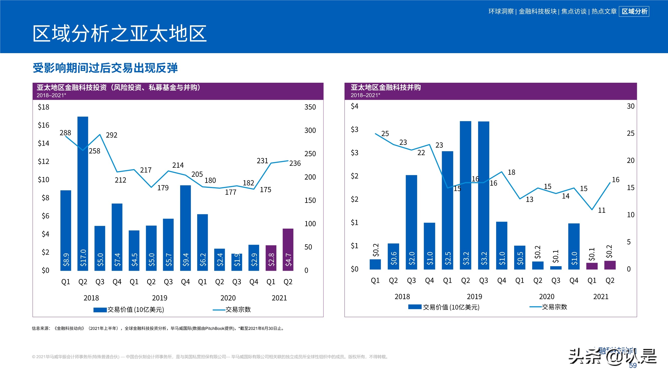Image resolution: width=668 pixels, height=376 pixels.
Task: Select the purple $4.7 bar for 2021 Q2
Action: [x=288, y=249]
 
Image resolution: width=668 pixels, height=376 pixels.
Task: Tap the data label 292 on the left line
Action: [x=112, y=135]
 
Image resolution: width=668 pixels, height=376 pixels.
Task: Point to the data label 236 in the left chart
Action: [x=295, y=163]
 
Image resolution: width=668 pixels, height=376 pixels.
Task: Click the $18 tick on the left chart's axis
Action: [x=43, y=107]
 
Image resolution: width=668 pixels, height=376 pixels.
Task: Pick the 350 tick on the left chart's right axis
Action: [x=310, y=107]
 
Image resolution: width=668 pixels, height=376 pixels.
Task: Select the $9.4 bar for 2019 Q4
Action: [x=185, y=228]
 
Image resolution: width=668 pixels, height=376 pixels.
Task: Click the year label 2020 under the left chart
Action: [x=228, y=298]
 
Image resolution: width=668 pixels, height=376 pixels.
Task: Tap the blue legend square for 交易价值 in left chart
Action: [x=100, y=310]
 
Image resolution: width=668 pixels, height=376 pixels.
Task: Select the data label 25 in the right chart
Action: [x=385, y=133]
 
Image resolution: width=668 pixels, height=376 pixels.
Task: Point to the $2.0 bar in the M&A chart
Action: [x=411, y=222]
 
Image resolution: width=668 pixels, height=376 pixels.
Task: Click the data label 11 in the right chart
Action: [x=602, y=210]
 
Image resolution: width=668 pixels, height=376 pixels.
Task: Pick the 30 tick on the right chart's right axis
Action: [x=630, y=106]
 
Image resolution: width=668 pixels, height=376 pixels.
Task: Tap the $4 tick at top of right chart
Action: [x=355, y=106]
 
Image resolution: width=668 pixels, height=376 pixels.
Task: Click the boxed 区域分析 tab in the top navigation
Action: [x=634, y=12]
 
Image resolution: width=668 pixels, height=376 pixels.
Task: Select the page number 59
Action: [x=633, y=365]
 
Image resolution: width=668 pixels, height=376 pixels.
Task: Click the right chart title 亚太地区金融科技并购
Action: [x=386, y=87]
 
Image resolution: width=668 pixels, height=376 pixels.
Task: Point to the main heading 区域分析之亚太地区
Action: [x=119, y=34]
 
